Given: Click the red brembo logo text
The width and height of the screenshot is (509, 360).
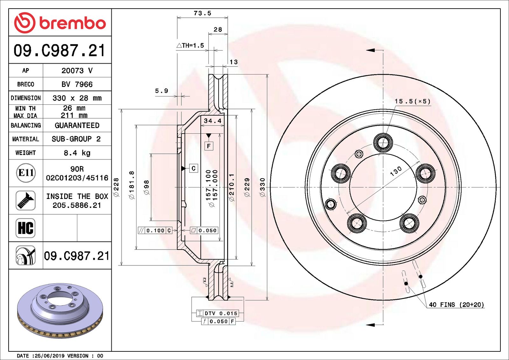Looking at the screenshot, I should (x=73, y=23).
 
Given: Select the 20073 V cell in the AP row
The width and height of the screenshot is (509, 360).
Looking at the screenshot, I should (x=77, y=71).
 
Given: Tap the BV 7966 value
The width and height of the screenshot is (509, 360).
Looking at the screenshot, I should (x=77, y=84).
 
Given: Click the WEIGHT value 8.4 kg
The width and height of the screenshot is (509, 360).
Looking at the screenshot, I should (x=77, y=153).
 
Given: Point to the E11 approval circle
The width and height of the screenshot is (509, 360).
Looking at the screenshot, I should (x=26, y=173).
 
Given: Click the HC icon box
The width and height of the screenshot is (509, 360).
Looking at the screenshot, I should (x=25, y=228).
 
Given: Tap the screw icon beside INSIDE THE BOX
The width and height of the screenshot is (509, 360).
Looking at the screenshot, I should (x=25, y=200).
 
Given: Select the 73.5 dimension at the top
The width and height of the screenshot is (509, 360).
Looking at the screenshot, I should (x=202, y=13).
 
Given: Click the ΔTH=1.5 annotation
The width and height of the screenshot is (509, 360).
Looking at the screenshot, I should (x=191, y=46).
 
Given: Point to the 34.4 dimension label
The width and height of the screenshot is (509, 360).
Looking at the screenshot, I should (x=213, y=121).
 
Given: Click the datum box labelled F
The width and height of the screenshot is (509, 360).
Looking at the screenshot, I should (x=209, y=146).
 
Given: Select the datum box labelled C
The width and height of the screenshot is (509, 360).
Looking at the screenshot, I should (x=193, y=168).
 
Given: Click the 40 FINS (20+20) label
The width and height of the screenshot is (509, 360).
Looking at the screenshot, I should (x=456, y=305).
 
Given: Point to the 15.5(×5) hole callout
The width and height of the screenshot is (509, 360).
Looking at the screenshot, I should (x=413, y=101).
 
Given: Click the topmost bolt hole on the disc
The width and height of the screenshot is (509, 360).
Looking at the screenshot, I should (x=383, y=142).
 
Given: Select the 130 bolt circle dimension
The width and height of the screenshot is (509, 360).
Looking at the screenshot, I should (x=396, y=171).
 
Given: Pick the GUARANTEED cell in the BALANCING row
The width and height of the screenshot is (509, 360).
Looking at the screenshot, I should (x=77, y=125).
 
